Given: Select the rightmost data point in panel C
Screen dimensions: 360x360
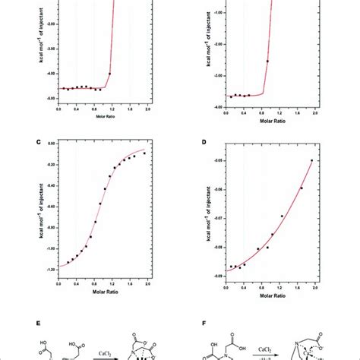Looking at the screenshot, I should click(144, 153).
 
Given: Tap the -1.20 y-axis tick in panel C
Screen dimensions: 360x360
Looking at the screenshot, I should click(48, 268).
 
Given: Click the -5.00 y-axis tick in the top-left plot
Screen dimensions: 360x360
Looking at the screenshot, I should click(48, 99).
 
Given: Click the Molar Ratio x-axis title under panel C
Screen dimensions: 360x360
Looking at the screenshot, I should click(103, 292).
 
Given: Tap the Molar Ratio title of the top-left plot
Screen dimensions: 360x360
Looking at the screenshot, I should click(103, 117).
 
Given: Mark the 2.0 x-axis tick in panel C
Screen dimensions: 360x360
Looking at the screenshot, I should click(147, 283).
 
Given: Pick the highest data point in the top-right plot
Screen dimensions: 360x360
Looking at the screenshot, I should click(267, 61).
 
